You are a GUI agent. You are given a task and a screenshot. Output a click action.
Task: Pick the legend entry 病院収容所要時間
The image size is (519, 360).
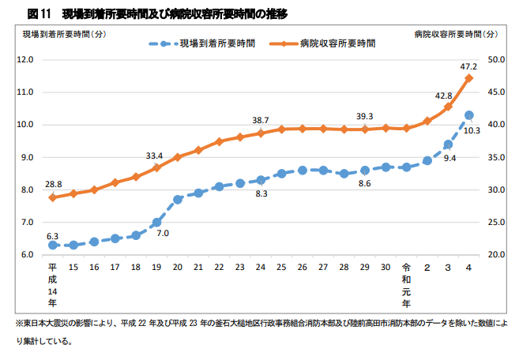(337, 43)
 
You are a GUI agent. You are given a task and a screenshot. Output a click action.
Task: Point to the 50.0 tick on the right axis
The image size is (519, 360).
(497, 59)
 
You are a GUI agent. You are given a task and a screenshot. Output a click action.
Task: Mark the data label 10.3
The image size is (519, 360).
(472, 130)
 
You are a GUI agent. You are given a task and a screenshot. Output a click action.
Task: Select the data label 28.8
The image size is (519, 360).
(53, 184)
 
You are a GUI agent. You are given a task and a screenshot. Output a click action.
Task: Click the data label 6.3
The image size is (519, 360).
(53, 235)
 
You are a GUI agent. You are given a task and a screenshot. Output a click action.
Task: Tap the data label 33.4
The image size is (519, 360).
(155, 156)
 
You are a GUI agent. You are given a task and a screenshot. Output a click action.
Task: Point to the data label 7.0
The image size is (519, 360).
(163, 234)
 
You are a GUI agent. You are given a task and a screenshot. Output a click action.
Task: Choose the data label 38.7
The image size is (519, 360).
(261, 120)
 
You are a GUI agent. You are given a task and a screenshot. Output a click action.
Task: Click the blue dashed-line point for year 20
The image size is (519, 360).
(178, 199)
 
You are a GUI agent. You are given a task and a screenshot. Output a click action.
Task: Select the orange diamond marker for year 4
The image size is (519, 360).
(469, 78)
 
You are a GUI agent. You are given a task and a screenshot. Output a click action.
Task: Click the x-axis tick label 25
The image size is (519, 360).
(281, 268)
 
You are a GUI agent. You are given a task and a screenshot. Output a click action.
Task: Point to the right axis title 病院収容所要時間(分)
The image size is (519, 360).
(457, 34)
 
